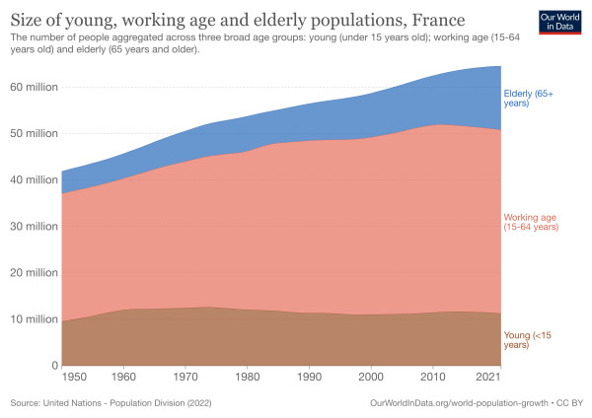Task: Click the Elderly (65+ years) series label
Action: click(529, 97)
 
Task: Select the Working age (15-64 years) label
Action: click(532, 222)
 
